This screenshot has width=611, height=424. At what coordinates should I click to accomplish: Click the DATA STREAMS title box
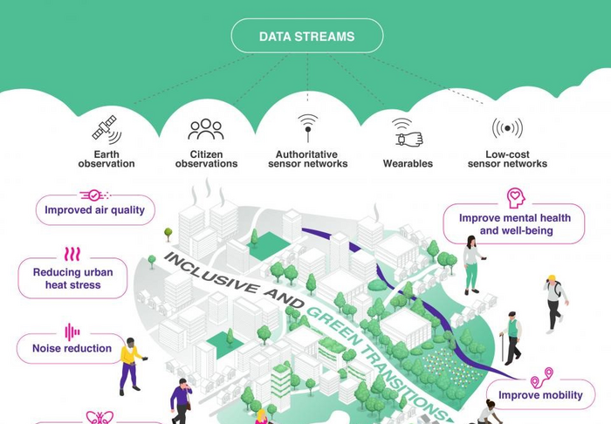307,36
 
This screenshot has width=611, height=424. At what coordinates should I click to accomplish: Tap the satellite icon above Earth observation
106,129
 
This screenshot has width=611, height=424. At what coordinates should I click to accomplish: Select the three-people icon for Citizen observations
206,129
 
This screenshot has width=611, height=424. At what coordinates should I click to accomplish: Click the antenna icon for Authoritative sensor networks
308,127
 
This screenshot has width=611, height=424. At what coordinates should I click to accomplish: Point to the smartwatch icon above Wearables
408,133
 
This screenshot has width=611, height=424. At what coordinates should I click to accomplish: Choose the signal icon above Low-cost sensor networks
507,127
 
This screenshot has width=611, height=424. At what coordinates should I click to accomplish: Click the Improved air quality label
95,210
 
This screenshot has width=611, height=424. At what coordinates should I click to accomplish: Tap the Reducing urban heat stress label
72,278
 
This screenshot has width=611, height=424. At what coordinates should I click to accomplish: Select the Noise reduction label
72,348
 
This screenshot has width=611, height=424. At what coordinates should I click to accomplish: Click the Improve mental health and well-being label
514,224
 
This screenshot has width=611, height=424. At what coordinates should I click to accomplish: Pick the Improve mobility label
540,395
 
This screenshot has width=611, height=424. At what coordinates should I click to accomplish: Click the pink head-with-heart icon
516,198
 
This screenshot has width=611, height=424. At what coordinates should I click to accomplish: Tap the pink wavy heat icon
72,254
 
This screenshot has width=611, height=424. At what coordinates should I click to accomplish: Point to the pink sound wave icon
72,332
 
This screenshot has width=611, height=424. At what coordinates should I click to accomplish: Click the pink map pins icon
542,377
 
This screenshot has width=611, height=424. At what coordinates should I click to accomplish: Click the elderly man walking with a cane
511,338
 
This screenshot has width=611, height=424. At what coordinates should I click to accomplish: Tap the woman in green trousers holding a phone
473,264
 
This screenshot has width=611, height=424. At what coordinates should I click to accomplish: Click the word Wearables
408,163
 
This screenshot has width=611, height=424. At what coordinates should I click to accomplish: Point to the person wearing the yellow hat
555,304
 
